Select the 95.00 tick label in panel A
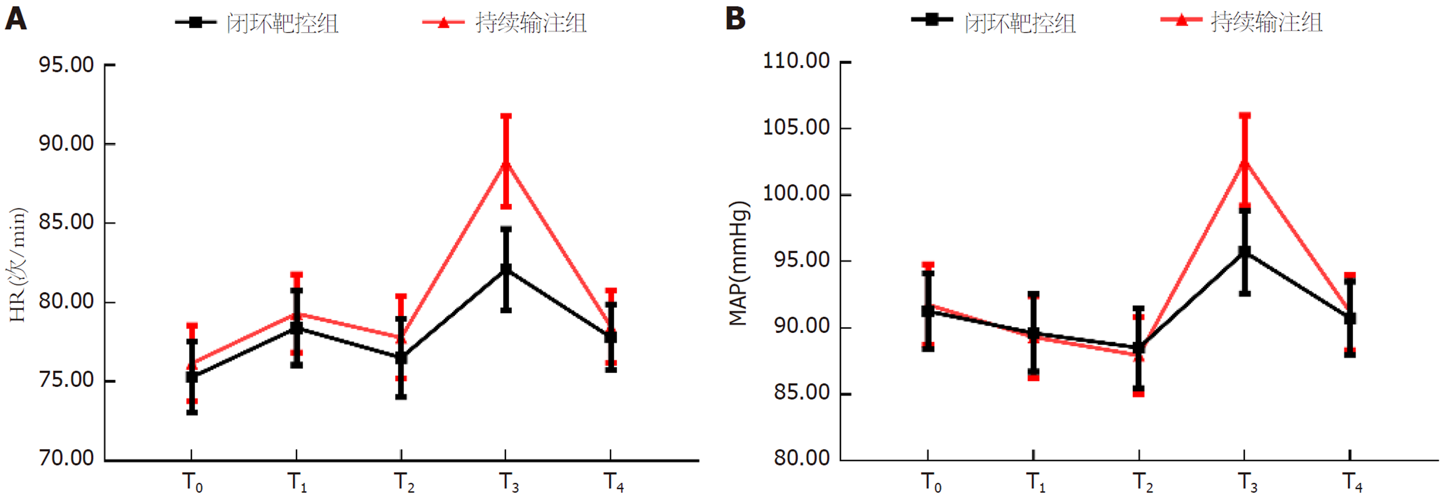[66, 65]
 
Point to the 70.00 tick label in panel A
[66, 458]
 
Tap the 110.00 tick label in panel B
[796, 61]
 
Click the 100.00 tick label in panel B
[796, 193]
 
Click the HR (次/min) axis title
[18, 265]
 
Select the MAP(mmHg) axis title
[739, 264]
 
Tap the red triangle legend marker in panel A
[444, 22]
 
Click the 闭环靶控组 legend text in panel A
[283, 23]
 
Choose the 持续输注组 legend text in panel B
[1266, 22]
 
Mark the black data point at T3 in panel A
[506, 269]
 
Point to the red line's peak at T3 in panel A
[506, 162]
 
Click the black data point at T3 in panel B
[1244, 252]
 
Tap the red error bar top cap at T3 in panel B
[1244, 116]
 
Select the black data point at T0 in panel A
[192, 377]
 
